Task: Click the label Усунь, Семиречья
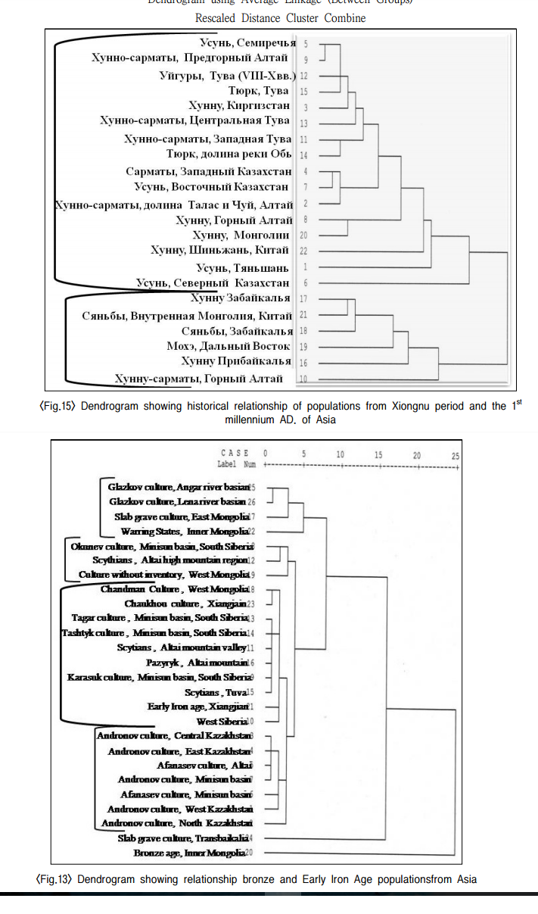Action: coord(247,43)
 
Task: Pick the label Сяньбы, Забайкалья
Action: coord(237,331)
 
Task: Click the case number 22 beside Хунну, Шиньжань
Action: coord(303,251)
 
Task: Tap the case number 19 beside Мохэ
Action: coord(303,347)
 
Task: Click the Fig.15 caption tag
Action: coord(58,406)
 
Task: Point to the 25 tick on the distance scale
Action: coord(454,454)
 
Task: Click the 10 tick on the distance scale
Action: coord(340,454)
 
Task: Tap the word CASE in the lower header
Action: coord(234,453)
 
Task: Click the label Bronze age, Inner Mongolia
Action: coord(189,853)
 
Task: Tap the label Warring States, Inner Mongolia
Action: coord(184,531)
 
